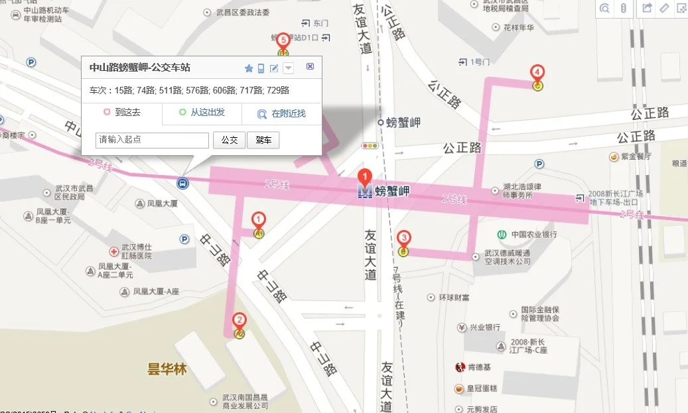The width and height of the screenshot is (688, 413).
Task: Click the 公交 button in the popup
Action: pyautogui.click(x=229, y=141)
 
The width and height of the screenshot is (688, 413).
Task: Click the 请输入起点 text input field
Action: pyautogui.click(x=153, y=141)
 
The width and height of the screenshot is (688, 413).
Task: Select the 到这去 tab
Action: pyautogui.click(x=122, y=113)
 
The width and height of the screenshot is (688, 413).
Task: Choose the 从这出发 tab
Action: pyautogui.click(x=202, y=113)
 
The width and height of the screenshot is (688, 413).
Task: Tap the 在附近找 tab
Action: pyautogui.click(x=282, y=113)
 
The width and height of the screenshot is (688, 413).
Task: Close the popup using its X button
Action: pyautogui.click(x=310, y=67)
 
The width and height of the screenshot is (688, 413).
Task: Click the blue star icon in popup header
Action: pyautogui.click(x=249, y=68)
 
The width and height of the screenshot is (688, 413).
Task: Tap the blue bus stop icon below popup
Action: pyautogui.click(x=182, y=182)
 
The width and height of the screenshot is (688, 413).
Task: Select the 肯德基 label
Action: pyautogui.click(x=479, y=367)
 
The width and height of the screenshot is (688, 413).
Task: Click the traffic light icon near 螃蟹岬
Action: pyautogui.click(x=369, y=146)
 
